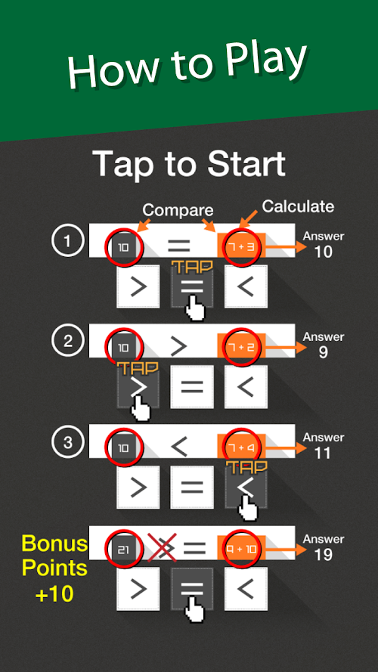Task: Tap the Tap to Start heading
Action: tap(189, 164)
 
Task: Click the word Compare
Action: tap(178, 210)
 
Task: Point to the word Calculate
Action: tap(298, 206)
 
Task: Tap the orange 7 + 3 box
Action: tap(241, 246)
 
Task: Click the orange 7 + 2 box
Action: tap(241, 346)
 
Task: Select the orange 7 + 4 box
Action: tap(241, 447)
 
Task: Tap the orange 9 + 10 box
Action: tap(241, 548)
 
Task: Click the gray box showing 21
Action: tap(123, 549)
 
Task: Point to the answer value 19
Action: tap(323, 555)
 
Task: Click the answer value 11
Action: tap(323, 454)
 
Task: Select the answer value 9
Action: tap(323, 352)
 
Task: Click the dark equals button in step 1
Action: tap(192, 286)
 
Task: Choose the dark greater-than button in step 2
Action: tap(138, 387)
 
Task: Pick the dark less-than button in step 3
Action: tap(246, 488)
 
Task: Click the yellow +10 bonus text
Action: tap(54, 594)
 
